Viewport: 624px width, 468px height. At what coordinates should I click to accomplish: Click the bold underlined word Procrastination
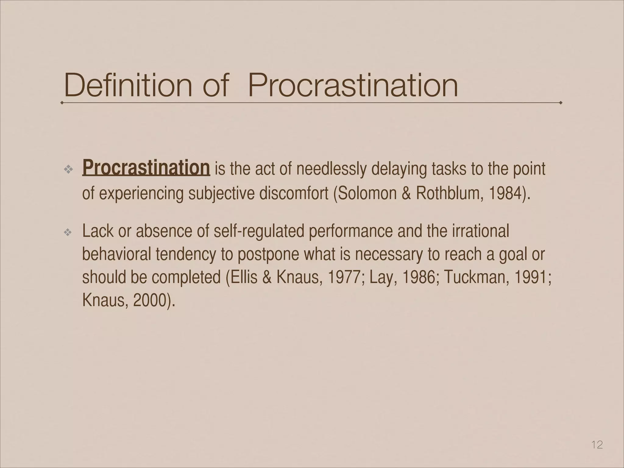coord(146,168)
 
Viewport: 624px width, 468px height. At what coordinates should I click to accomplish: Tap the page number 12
coord(597,445)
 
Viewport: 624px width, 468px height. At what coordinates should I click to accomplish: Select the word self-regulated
coord(259,231)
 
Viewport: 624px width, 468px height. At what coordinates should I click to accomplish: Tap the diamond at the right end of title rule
coord(561,103)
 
